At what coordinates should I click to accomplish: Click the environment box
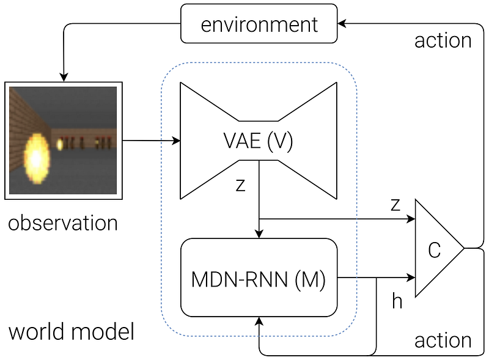pos(259,24)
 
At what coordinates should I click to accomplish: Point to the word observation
pos(63,222)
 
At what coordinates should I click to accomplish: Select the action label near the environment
pos(443,40)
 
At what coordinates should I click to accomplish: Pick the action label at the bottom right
pos(443,340)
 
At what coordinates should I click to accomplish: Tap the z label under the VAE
pos(240,185)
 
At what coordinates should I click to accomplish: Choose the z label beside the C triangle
pos(395,204)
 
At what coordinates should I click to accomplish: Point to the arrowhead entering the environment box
pos(342,24)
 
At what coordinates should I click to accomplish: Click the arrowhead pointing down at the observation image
pos(64,77)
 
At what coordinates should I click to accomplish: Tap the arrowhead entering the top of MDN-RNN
pos(259,233)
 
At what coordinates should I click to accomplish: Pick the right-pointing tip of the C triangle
pos(463,248)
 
